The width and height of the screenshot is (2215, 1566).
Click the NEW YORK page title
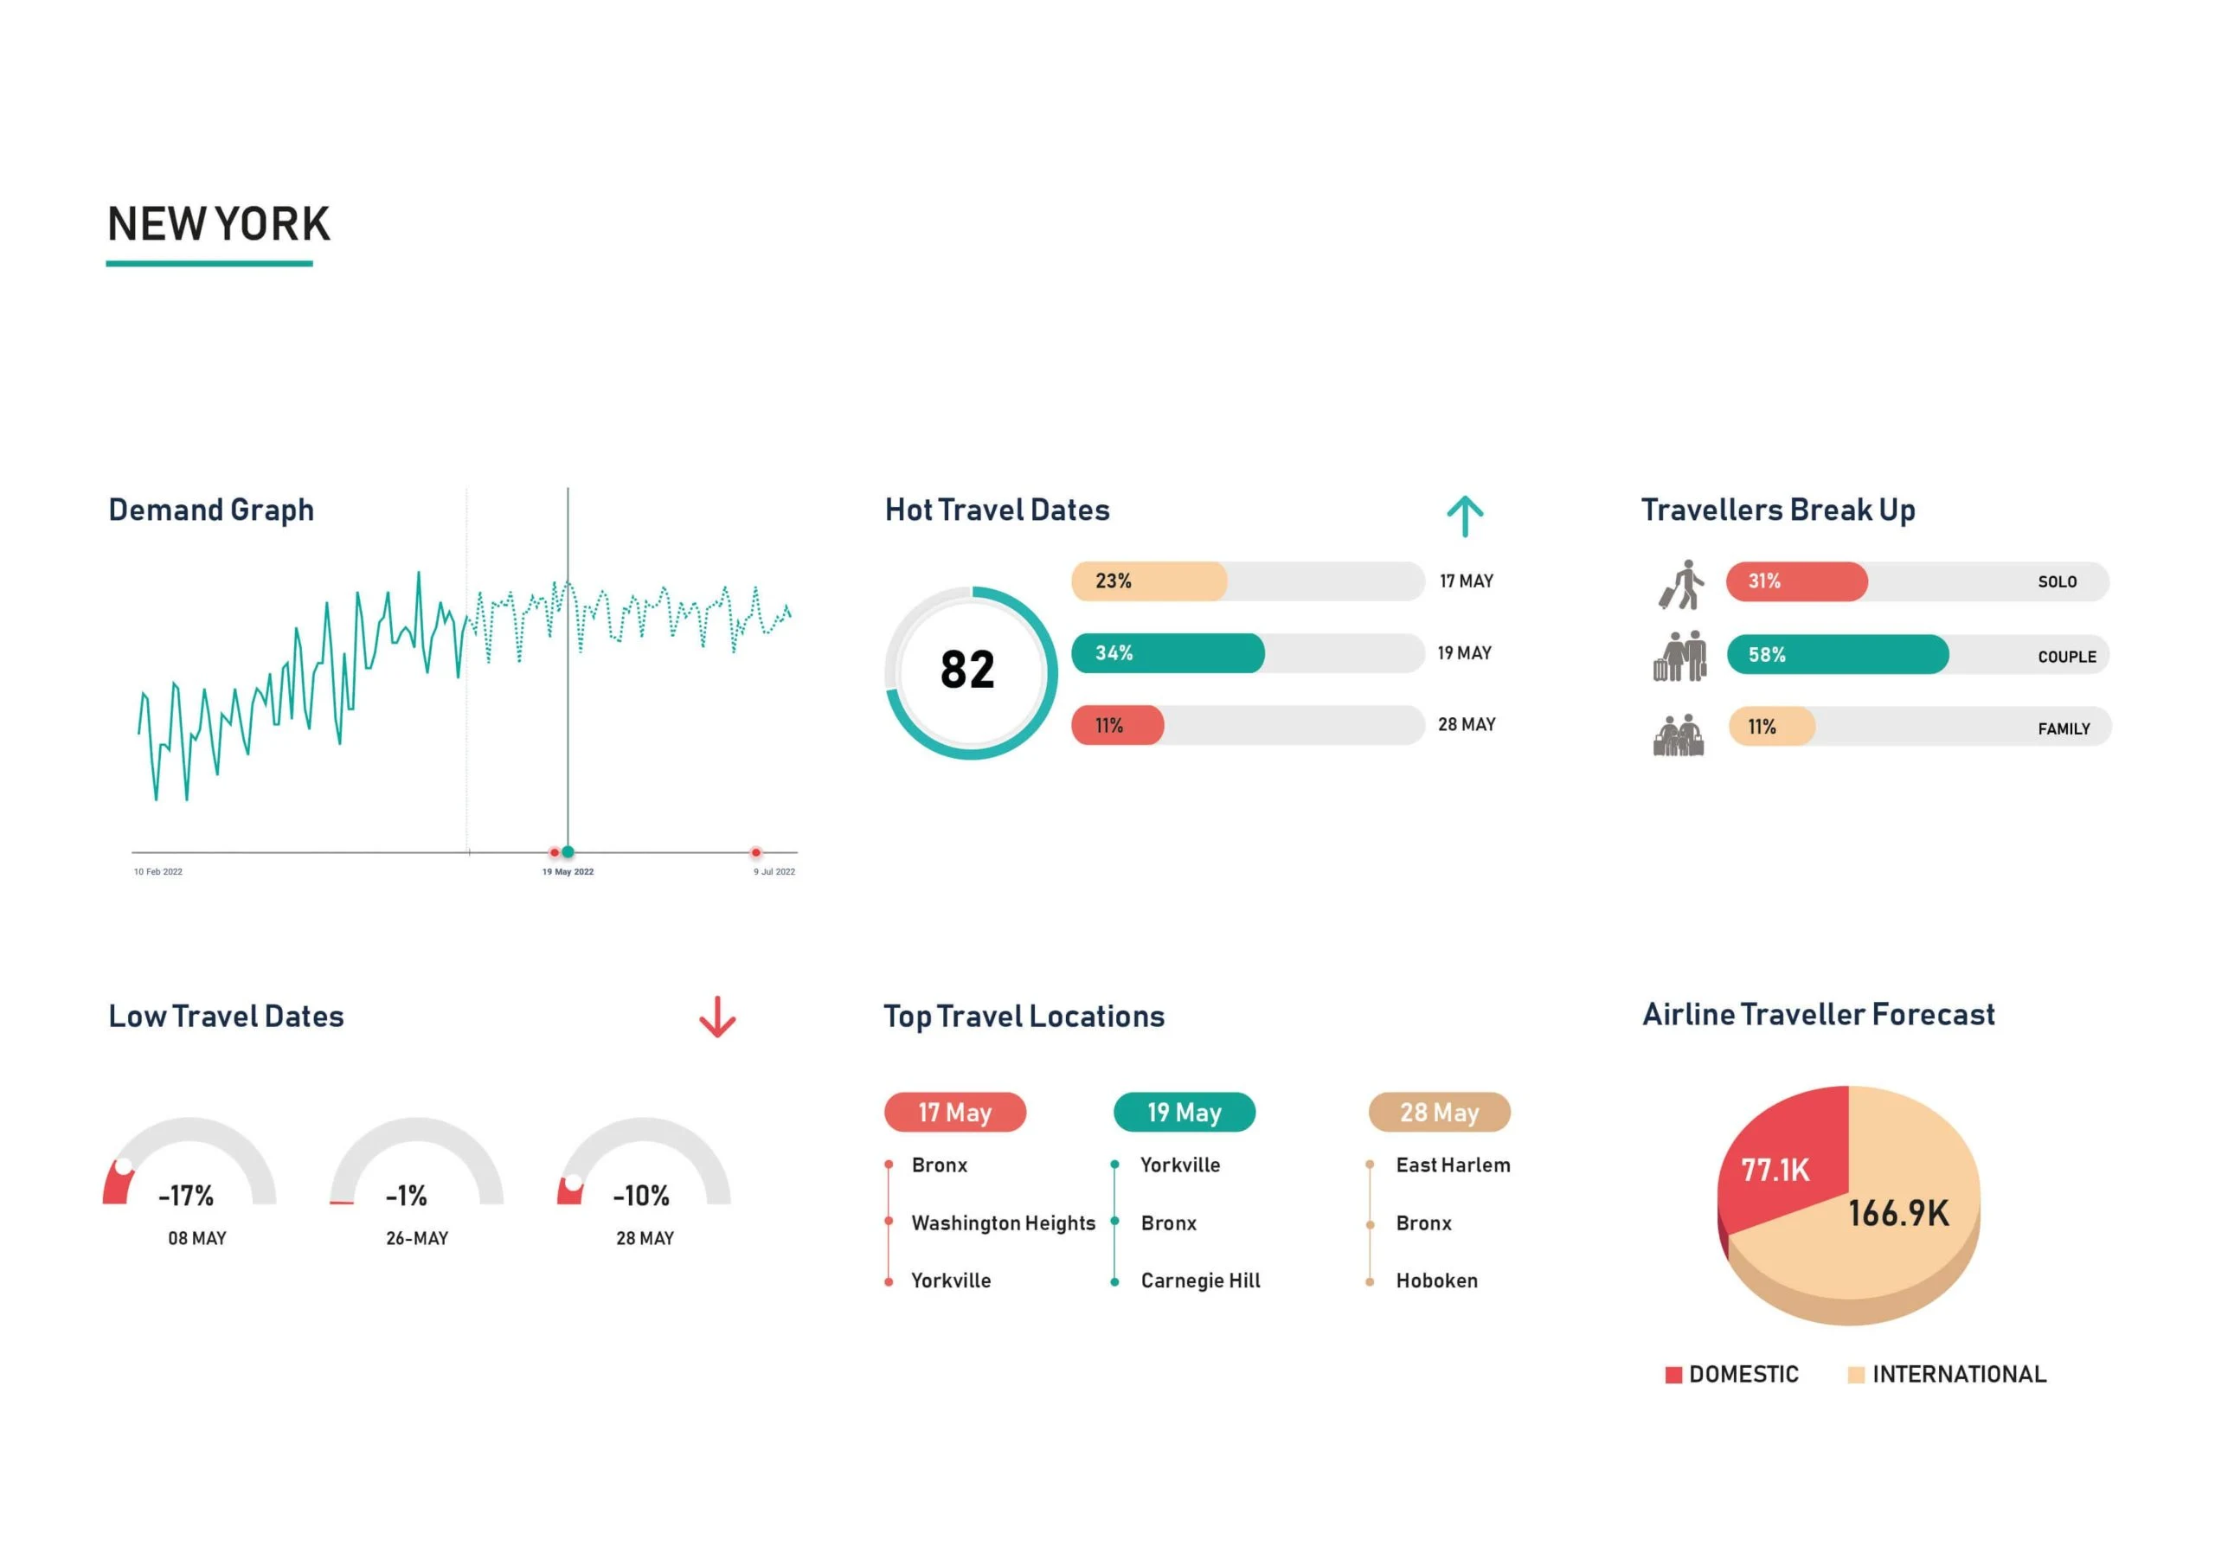point(218,224)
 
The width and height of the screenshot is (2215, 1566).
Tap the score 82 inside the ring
point(966,670)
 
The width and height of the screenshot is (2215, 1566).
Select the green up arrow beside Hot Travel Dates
point(1465,517)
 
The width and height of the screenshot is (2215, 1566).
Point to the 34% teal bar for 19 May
point(1167,653)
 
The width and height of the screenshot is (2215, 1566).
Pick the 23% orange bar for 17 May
point(1148,581)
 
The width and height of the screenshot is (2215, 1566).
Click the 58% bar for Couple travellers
point(1837,655)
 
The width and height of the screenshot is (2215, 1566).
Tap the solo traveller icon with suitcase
point(1681,585)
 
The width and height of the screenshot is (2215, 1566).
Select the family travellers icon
point(1679,735)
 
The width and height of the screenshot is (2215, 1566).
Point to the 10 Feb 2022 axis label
point(158,871)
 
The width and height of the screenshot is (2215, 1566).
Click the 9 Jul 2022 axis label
point(774,871)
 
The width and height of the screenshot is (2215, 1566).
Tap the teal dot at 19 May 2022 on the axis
point(568,851)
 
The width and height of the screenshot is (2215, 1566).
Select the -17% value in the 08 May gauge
point(186,1196)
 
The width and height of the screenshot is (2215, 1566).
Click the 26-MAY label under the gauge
point(417,1238)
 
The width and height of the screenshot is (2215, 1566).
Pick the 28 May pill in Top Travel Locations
point(1438,1112)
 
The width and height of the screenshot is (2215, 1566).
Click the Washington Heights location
point(1004,1223)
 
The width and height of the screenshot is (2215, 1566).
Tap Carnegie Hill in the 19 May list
point(1200,1280)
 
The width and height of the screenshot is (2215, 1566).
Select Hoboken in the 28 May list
point(1436,1280)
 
